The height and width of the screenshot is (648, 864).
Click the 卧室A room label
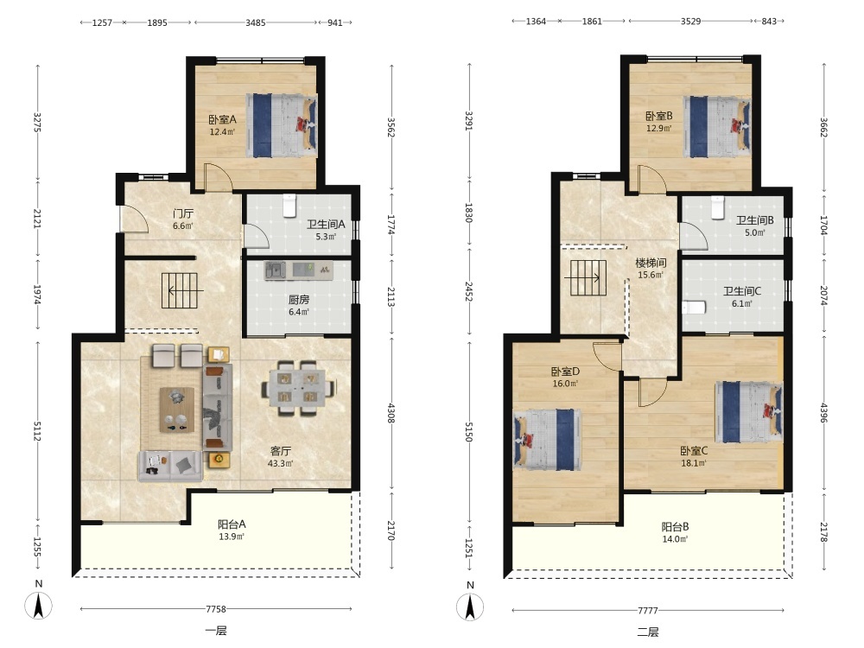point(222,119)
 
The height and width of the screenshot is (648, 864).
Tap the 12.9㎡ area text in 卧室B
point(658,129)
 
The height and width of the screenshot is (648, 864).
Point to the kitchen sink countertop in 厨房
point(299,270)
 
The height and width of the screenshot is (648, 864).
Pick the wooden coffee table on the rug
point(177,410)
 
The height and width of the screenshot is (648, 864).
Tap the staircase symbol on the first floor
point(180,290)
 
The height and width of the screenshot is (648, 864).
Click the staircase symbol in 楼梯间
point(588,277)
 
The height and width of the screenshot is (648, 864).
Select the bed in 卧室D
point(548,439)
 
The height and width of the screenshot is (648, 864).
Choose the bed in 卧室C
point(749,412)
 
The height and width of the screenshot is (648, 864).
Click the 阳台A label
point(232,524)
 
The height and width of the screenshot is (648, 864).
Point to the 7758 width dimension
point(216,609)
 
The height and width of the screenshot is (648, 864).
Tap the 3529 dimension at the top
point(690,21)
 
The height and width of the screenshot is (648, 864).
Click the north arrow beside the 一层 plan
point(39,607)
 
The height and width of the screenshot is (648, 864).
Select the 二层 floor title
point(648,632)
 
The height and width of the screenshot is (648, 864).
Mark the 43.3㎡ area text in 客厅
point(281,463)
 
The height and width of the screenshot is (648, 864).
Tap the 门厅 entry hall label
point(183,213)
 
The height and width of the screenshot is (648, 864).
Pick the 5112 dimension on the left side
point(37,431)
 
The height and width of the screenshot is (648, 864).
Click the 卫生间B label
point(755,219)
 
